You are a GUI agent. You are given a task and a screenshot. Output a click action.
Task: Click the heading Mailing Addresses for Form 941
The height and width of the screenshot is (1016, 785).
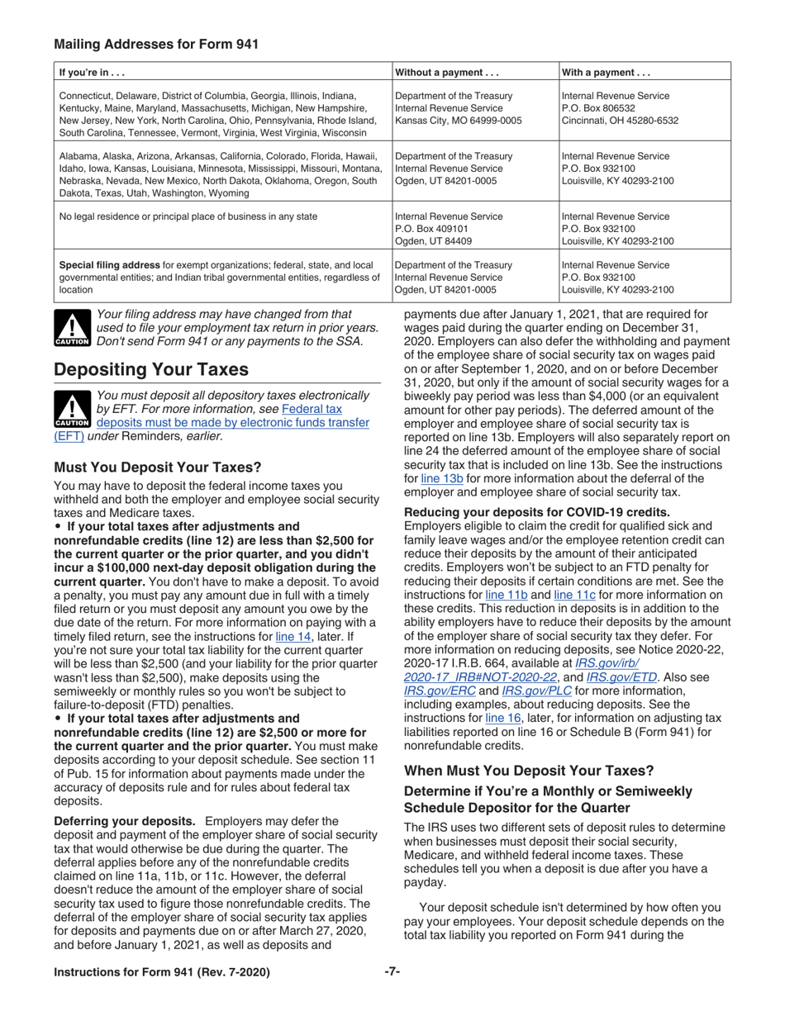click(155, 44)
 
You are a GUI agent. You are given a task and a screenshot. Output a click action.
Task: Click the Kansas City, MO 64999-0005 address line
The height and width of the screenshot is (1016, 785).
click(459, 121)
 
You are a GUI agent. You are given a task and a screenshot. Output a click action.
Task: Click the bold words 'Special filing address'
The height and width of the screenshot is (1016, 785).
click(116, 265)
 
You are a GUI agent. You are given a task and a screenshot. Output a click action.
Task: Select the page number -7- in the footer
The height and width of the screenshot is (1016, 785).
click(392, 972)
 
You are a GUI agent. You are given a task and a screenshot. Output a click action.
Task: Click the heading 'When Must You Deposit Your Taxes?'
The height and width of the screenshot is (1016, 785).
click(529, 771)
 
